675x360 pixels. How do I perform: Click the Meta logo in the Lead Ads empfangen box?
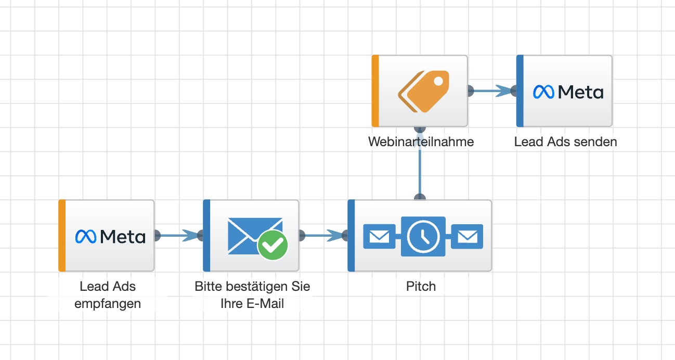pyautogui.click(x=110, y=237)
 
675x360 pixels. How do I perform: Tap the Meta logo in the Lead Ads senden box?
pyautogui.click(x=568, y=92)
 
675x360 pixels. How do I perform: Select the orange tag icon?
pyautogui.click(x=423, y=92)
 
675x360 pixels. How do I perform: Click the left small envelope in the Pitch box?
pyautogui.click(x=379, y=237)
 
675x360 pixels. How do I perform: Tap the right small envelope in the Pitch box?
pyautogui.click(x=467, y=237)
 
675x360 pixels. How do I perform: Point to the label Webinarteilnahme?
pyautogui.click(x=421, y=142)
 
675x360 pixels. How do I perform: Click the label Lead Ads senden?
pyautogui.click(x=565, y=142)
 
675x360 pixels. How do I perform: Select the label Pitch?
pyautogui.click(x=421, y=286)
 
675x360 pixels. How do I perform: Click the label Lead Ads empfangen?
pyautogui.click(x=108, y=295)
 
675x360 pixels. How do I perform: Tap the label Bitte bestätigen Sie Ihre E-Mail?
pyautogui.click(x=252, y=295)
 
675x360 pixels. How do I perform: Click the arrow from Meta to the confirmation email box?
pyautogui.click(x=178, y=236)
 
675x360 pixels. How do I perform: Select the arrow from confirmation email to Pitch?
pyautogui.click(x=323, y=236)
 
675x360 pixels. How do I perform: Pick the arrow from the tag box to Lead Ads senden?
pyautogui.click(x=492, y=91)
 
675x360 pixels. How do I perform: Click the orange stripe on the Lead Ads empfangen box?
pyautogui.click(x=62, y=236)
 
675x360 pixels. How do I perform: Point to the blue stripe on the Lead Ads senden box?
pyautogui.click(x=520, y=91)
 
